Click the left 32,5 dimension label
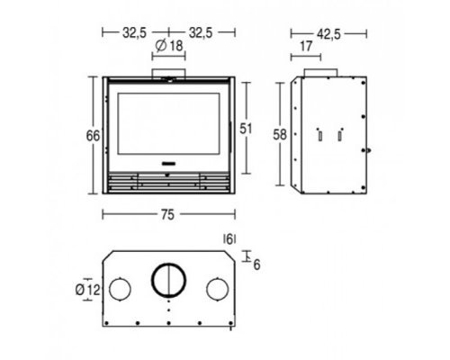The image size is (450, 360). (x=134, y=32)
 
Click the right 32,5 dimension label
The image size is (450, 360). (x=201, y=32)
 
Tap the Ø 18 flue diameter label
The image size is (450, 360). (x=169, y=46)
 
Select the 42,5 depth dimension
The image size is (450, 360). (x=328, y=34)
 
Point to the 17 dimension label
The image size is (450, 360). (x=306, y=47)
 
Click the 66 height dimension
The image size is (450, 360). (x=93, y=136)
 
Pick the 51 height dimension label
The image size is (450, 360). (x=246, y=129)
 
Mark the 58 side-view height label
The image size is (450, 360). (x=280, y=135)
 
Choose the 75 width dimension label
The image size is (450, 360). (x=167, y=214)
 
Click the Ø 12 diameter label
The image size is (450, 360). (x=87, y=290)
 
